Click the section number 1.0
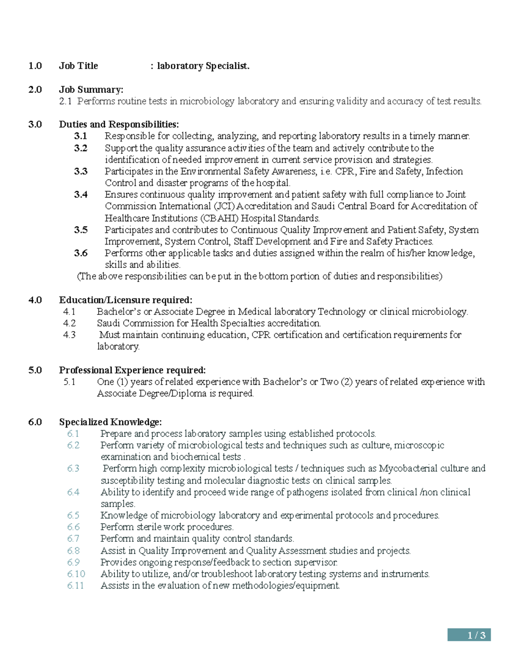pos(35,66)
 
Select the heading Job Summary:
pos(91,90)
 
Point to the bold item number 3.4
pos(80,195)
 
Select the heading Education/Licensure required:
pos(125,300)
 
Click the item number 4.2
pos(69,323)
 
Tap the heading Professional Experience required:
pos(132,370)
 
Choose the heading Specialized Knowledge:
pos(110,422)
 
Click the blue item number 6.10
pos(76,574)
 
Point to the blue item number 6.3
pos(73,468)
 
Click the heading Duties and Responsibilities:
pos(119,125)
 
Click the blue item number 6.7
pos(73,539)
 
